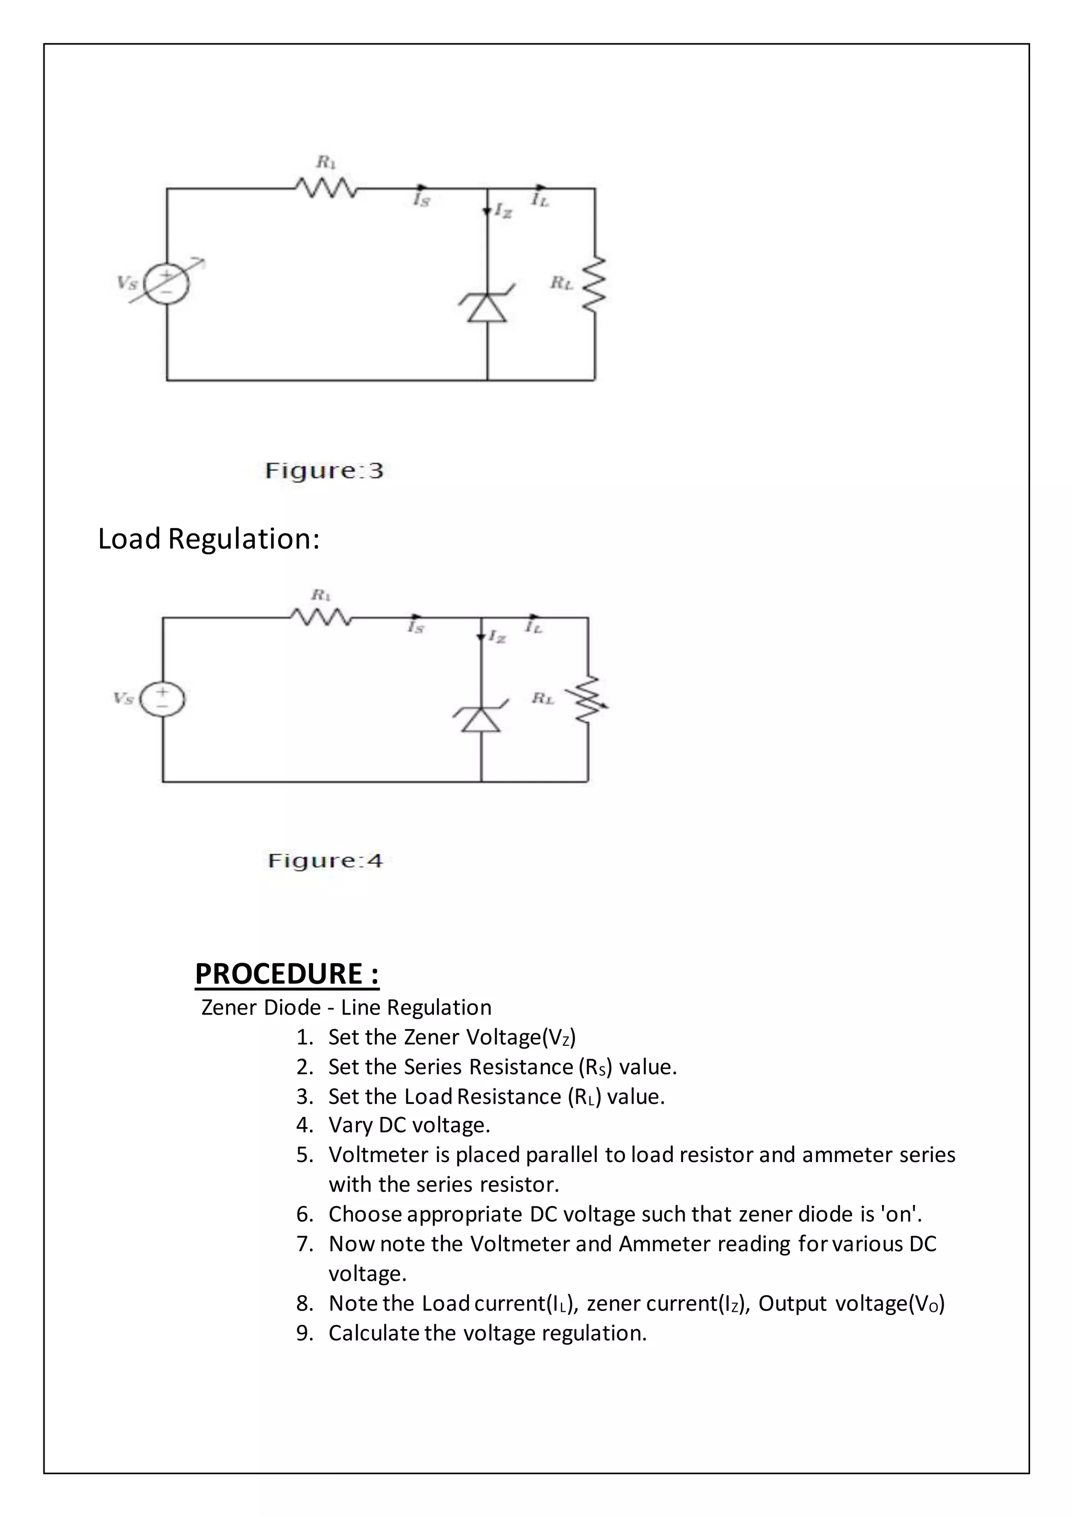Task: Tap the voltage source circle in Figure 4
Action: [162, 698]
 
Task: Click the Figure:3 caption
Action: [323, 471]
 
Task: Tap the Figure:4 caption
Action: [325, 861]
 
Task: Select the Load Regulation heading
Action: [209, 539]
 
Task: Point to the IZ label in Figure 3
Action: [503, 211]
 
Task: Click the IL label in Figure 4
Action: [534, 627]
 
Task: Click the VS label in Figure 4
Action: [124, 698]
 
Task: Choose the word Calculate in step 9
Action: [374, 1333]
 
